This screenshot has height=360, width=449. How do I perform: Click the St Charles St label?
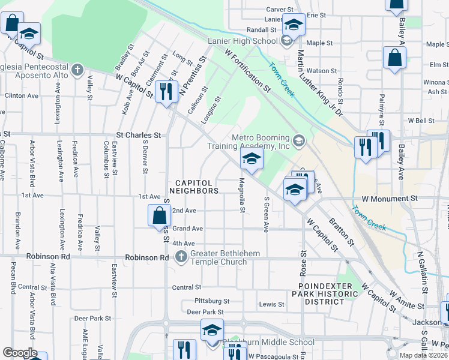[x=139, y=135]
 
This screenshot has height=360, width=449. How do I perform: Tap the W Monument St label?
[x=390, y=198]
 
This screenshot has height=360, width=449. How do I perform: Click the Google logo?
[x=19, y=353]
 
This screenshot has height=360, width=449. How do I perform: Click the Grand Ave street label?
[x=188, y=229]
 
